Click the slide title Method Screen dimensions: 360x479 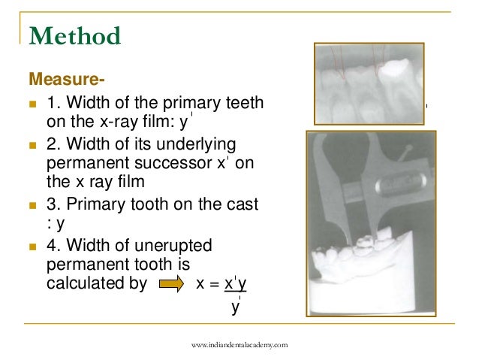click(74, 35)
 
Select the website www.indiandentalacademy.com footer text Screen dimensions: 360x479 click(239, 344)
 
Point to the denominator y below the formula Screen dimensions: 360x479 click(234, 306)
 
